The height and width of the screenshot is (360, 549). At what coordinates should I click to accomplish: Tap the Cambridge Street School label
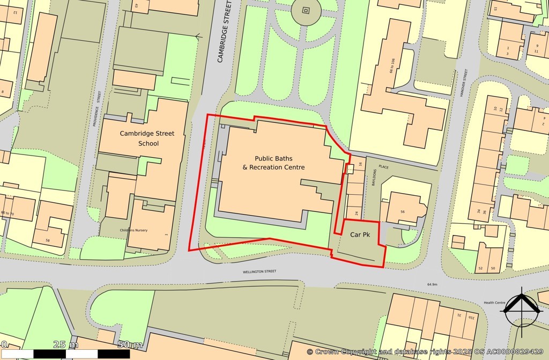point(139,138)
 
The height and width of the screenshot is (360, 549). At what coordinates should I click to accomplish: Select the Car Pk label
point(360,235)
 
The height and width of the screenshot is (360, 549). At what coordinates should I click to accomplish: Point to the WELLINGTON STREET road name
point(259,272)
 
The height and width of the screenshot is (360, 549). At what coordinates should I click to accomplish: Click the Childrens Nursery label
point(133,231)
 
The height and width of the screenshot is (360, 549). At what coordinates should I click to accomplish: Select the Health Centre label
point(494,303)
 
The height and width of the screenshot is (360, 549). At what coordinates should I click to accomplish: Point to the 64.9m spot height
point(432,284)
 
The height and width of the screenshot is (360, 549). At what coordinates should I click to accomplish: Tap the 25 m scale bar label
point(66,344)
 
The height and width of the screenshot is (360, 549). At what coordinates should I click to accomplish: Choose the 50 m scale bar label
point(129,344)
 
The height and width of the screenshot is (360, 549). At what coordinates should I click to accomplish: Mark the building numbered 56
point(403,212)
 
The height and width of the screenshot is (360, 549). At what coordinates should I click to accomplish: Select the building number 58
point(48,241)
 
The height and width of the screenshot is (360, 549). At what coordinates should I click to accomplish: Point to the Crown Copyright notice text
point(426,351)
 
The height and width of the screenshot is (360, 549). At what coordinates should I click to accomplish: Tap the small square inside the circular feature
point(306,10)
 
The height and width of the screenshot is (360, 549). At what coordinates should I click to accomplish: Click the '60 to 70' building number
point(8,213)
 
